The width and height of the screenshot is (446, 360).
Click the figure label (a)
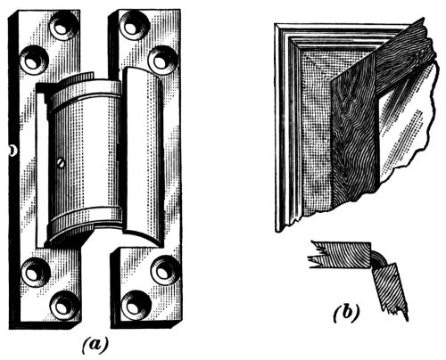(x=95, y=345)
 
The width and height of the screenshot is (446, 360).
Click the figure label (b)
(x=346, y=313)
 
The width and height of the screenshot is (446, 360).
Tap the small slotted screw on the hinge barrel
(x=61, y=163)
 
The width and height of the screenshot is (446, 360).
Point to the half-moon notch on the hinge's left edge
(x=12, y=151)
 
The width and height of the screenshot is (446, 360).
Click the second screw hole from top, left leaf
(x=34, y=60)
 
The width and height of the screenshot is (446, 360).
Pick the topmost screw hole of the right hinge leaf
(x=134, y=26)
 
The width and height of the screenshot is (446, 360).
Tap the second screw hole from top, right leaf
(x=163, y=61)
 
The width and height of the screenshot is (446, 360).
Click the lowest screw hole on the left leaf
(x=64, y=306)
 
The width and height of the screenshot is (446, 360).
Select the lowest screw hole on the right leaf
(x=136, y=305)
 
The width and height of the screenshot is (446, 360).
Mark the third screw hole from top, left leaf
(x=36, y=273)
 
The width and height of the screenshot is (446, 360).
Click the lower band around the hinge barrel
(x=85, y=220)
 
